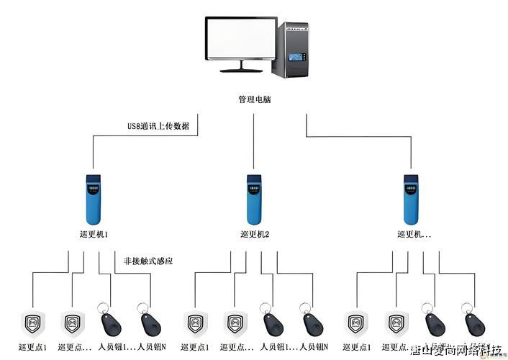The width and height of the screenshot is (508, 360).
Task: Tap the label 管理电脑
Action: tap(254, 99)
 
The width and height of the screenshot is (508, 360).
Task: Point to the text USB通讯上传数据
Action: tap(158, 126)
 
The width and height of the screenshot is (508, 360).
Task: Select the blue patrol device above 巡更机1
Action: tap(94, 199)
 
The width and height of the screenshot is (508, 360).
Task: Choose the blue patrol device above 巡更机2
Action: tap(253, 199)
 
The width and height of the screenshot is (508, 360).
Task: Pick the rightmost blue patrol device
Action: tap(411, 199)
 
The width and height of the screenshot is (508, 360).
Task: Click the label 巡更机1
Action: tap(94, 235)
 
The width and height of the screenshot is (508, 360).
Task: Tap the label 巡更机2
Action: tap(254, 235)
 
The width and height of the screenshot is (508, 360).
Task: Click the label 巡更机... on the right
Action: tap(414, 235)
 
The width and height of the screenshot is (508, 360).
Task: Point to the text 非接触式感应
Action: tap(148, 261)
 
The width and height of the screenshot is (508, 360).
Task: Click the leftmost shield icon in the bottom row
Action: tap(33, 323)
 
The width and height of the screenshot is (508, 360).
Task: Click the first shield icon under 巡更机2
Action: tap(194, 323)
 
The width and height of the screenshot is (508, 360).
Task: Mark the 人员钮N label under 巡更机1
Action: tap(151, 348)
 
